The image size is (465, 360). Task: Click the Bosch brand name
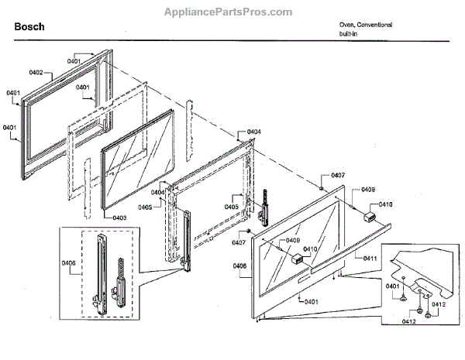[x=29, y=26]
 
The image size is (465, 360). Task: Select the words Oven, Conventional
[x=364, y=25]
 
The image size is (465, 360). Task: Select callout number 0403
[x=119, y=218]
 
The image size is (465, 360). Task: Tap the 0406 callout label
[x=69, y=263]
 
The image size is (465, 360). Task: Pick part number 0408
[x=239, y=266]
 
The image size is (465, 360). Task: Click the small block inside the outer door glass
[x=295, y=260]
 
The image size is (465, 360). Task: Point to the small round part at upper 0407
[x=321, y=187]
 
